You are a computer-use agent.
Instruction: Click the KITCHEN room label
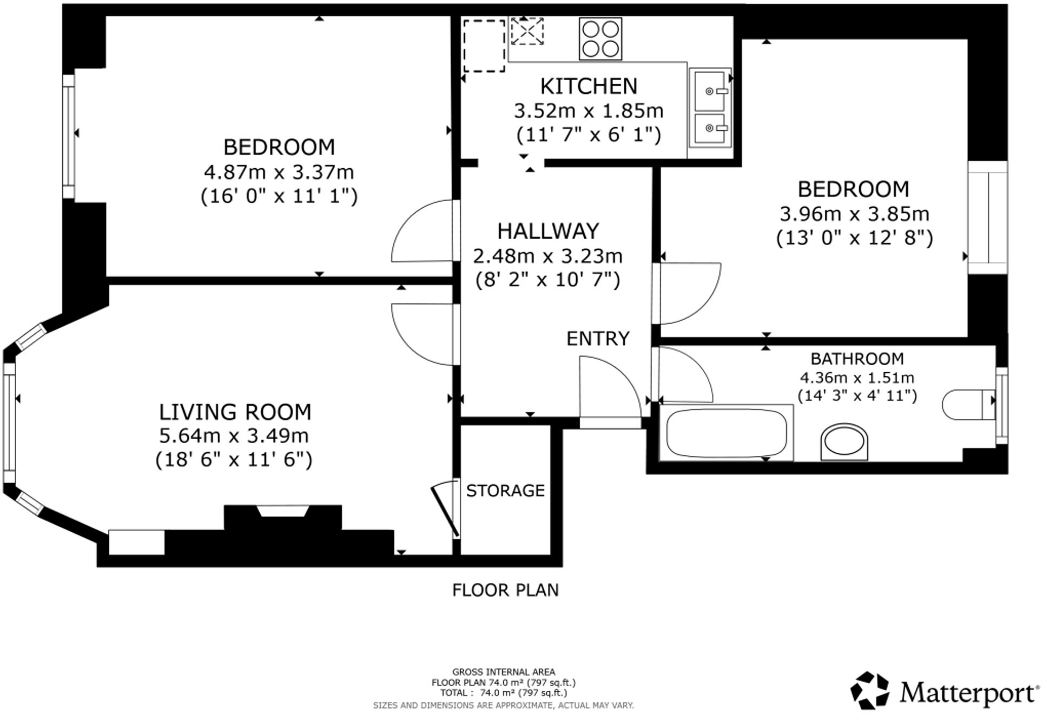589,86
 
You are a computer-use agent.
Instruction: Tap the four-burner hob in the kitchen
600,38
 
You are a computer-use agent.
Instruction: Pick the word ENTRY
598,339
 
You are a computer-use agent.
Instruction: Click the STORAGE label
505,491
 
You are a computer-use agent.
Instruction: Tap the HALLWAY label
548,231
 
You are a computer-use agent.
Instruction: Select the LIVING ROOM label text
235,412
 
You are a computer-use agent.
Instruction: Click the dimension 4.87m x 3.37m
279,172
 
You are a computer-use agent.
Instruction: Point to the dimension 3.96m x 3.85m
854,214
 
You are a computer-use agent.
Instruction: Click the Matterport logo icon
869,690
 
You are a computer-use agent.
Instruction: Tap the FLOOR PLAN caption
505,590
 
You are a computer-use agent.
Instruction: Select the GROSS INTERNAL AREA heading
503,672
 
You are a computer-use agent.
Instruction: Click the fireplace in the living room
283,517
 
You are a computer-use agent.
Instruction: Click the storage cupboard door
446,509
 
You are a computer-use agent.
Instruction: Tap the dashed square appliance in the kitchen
484,45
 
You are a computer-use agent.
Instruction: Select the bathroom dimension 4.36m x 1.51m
857,377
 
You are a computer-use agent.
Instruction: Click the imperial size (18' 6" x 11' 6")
234,459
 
